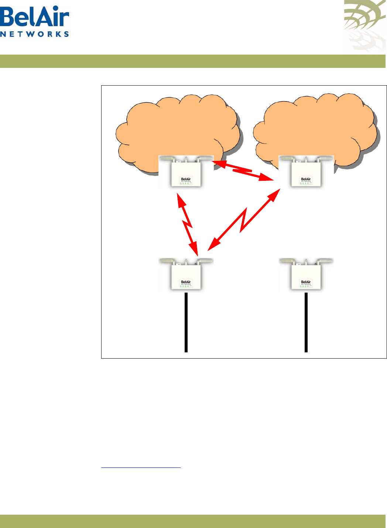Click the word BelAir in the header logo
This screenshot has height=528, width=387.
pyautogui.click(x=35, y=17)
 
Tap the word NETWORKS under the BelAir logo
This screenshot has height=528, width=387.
pyautogui.click(x=35, y=34)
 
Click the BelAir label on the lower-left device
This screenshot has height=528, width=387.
pyautogui.click(x=186, y=282)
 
